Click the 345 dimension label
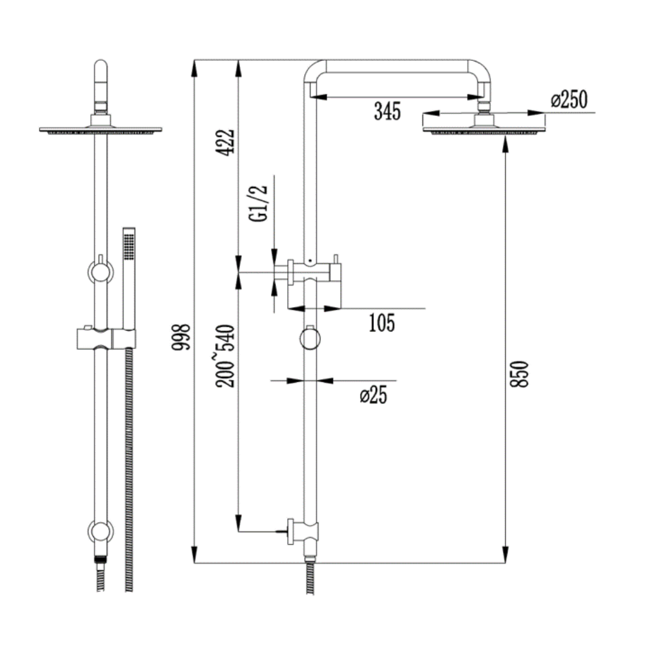pos(387,111)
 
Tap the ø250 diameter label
pos(569,100)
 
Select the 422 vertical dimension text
pos(225,142)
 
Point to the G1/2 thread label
pos(258,204)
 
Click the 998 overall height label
pos(181,337)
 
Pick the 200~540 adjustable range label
pos(225,356)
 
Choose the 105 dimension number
pos(382,323)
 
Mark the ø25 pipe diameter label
pos(373,395)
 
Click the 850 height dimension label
pos(519,374)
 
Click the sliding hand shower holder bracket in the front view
pos(106,339)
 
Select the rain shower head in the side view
pos(484,124)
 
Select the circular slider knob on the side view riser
pos(310,338)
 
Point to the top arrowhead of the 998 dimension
pos(194,68)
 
